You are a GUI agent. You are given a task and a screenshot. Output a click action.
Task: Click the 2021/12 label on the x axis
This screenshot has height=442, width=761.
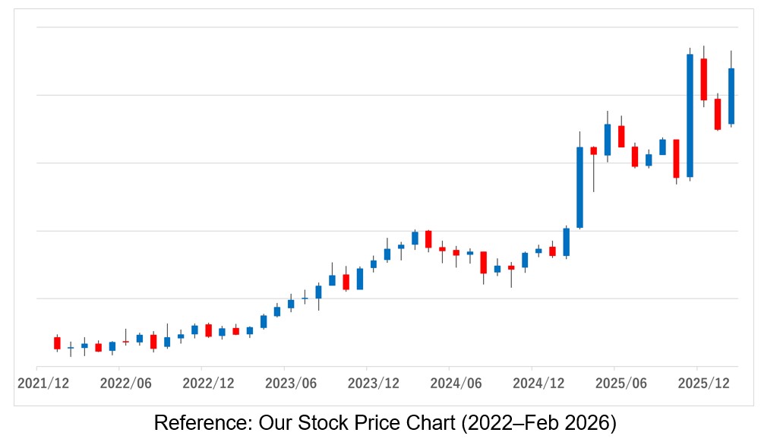43,384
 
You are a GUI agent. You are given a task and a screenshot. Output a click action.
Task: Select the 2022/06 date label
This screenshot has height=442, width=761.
125,384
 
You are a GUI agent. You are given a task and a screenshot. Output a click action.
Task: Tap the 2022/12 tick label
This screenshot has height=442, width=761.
208,384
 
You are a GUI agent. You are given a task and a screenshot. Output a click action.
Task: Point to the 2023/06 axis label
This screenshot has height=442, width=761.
290,384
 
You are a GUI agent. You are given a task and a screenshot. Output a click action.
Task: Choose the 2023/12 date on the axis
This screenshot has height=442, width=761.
373,384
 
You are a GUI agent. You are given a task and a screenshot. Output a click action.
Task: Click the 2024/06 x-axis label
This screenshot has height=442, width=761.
456,384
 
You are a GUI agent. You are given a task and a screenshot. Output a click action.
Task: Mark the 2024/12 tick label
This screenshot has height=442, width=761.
538,384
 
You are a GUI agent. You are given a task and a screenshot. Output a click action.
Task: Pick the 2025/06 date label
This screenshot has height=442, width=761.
620,384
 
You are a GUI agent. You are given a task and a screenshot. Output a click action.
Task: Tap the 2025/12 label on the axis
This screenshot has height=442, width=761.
703,384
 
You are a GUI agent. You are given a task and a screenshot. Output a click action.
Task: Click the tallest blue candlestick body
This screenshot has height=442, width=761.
690,115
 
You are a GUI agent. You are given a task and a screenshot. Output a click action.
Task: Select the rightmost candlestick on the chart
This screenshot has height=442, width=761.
731,96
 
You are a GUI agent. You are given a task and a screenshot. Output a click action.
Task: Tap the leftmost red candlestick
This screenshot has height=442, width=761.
57,343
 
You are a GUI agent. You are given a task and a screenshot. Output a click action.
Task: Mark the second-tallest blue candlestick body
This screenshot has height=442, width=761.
579,187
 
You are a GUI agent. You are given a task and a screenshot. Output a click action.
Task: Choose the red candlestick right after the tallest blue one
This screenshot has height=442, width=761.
703,79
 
